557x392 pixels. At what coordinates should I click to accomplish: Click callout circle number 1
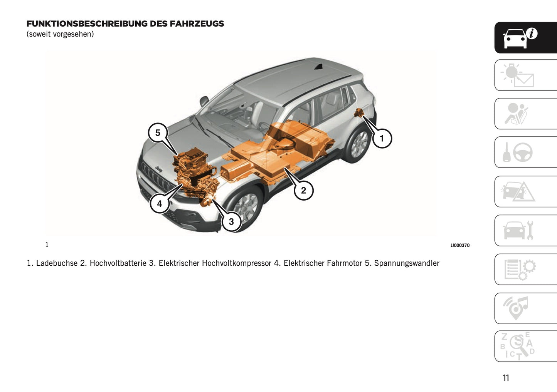click(382, 139)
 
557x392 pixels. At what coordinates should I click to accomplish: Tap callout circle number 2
click(303, 190)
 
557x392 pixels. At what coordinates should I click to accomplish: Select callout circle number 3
click(231, 222)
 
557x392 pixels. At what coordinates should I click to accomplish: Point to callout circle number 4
click(160, 203)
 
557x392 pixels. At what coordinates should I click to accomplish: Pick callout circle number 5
click(158, 133)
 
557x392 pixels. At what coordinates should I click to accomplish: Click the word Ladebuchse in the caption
click(57, 263)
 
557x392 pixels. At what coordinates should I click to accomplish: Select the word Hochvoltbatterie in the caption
click(118, 263)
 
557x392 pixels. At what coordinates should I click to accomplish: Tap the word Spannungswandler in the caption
click(407, 263)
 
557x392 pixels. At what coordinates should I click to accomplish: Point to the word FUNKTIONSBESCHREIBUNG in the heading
click(87, 24)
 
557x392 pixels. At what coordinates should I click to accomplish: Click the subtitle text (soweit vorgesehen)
click(60, 34)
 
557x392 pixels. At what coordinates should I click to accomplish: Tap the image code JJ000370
click(460, 245)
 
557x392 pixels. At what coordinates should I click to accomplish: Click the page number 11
click(506, 378)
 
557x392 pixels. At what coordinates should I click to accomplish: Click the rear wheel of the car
click(359, 144)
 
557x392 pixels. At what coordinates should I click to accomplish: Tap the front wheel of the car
click(245, 206)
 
